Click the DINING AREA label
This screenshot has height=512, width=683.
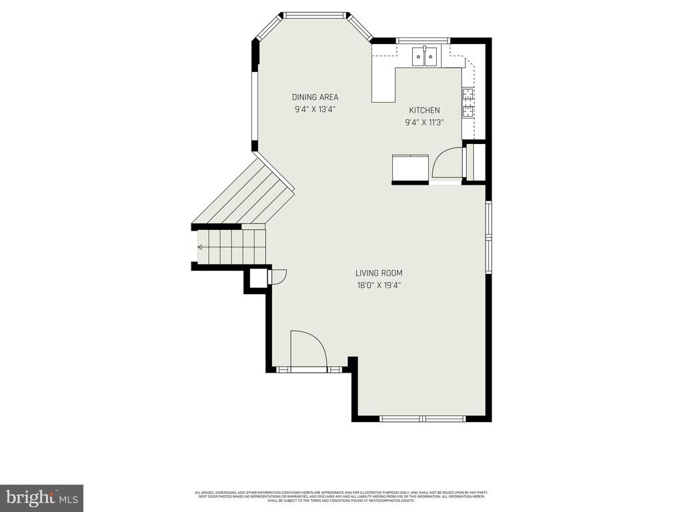tap(315, 97)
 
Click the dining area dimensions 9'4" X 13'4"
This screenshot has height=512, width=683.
tap(315, 110)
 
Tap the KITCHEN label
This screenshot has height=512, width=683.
tap(424, 110)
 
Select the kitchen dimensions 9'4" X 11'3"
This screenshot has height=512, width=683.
tap(424, 123)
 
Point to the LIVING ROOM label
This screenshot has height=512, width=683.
tap(379, 273)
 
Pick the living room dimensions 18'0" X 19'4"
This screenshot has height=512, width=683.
tap(379, 285)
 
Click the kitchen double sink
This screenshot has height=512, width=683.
tap(424, 57)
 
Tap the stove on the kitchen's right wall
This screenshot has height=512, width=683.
tap(468, 102)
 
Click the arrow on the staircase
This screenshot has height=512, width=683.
tap(200, 247)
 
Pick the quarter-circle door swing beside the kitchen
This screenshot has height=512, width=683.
tap(446, 164)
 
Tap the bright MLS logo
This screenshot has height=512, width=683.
tap(41, 497)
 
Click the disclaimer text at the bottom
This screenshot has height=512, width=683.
tap(341, 497)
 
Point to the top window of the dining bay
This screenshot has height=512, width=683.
tap(315, 13)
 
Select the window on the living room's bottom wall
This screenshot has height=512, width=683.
tap(422, 419)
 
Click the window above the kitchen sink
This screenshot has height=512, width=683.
tap(424, 40)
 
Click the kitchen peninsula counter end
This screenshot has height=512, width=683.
tap(384, 93)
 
